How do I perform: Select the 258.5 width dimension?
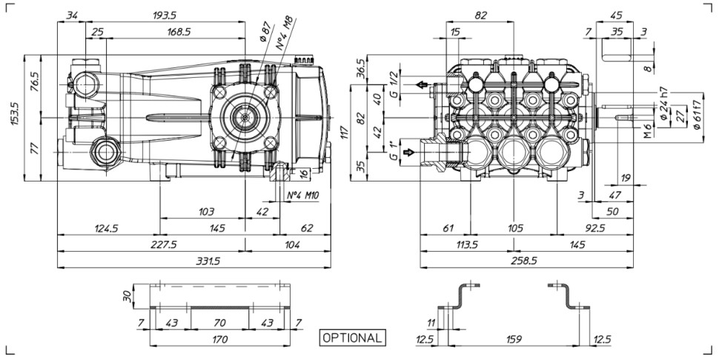pyautogui.click(x=524, y=261)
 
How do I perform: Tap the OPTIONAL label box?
pyautogui.click(x=352, y=338)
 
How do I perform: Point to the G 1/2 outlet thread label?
pyautogui.click(x=393, y=85)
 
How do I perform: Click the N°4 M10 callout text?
pyautogui.click(x=302, y=196)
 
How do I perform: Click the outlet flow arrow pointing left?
pyautogui.click(x=422, y=84)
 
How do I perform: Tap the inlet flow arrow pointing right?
pyautogui.click(x=408, y=152)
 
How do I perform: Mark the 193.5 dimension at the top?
pyautogui.click(x=164, y=16)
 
